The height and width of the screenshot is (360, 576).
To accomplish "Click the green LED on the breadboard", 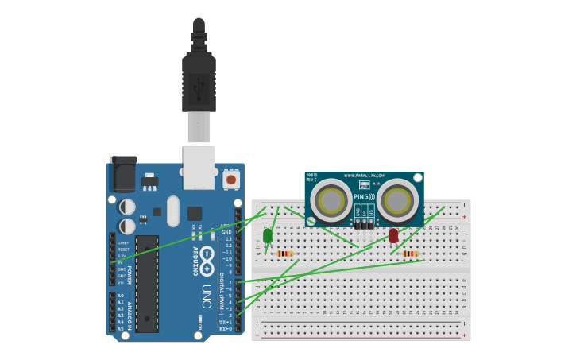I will [268, 235].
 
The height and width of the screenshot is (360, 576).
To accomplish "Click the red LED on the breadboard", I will [393, 235].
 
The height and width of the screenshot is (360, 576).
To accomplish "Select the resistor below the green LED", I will [285, 254].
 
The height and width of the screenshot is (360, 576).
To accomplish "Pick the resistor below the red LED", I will [411, 254].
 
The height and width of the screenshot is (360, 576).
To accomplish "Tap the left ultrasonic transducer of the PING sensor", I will [331, 200].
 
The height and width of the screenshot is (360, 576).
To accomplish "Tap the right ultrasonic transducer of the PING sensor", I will [397, 200].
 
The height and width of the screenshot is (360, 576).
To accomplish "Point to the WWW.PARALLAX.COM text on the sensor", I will [365, 176].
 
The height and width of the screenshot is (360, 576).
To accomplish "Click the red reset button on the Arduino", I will [231, 180].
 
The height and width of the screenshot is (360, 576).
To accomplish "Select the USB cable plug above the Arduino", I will [199, 79].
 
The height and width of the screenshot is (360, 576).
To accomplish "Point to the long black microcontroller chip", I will [147, 283].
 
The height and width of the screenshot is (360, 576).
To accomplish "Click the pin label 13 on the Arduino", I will [229, 238].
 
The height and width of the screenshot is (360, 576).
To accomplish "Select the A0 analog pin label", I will [121, 296].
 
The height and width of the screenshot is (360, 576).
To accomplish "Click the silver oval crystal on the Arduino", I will [173, 211].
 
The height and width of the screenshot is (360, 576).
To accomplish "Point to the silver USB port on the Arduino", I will [199, 167].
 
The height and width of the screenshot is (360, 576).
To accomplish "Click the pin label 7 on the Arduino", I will [230, 282].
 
